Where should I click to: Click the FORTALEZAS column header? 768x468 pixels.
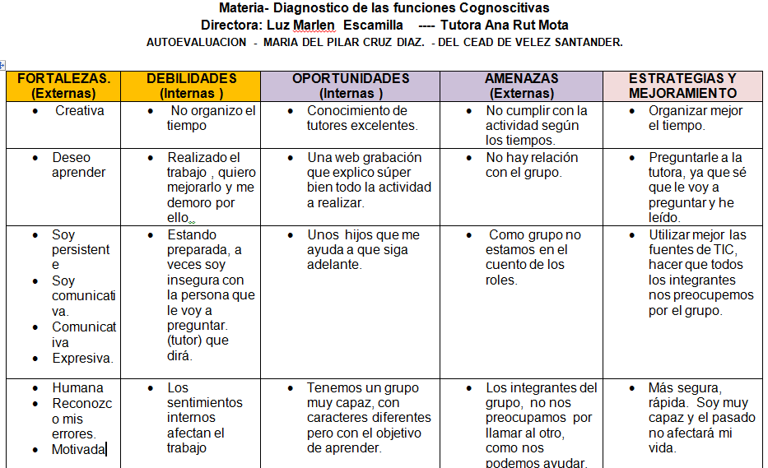[63, 86]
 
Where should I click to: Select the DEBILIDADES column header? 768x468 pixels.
[191, 86]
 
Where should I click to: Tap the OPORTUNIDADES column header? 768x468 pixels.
[351, 86]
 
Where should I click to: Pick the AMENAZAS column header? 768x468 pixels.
[521, 86]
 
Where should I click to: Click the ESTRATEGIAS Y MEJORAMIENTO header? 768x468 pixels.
[682, 86]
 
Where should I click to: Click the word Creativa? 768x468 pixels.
[80, 110]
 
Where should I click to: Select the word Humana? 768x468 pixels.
[78, 387]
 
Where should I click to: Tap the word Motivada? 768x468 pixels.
[79, 449]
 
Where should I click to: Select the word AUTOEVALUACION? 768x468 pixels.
[196, 42]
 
